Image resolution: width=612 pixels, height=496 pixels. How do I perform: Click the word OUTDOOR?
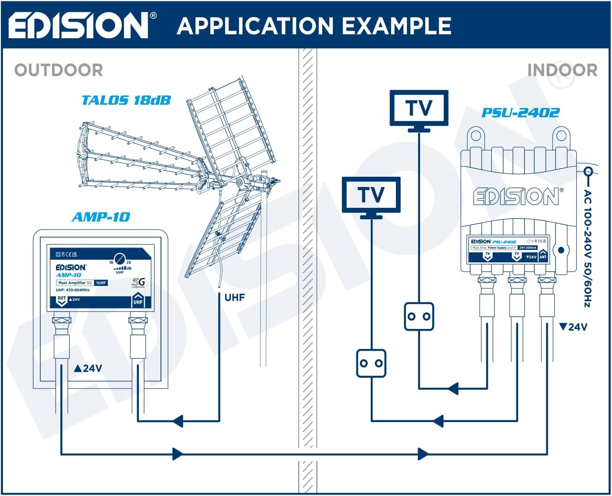pyautogui.click(x=59, y=70)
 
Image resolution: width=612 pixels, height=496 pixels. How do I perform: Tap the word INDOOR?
pyautogui.click(x=562, y=70)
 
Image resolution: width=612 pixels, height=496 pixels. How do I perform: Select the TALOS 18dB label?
pyautogui.click(x=126, y=100)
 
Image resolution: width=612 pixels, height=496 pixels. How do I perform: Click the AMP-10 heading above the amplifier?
pyautogui.click(x=101, y=217)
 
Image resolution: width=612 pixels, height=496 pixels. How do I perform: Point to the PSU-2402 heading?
pyautogui.click(x=520, y=113)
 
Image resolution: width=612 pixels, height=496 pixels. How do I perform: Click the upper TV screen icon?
pyautogui.click(x=419, y=108)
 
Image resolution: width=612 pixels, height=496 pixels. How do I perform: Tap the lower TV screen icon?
pyautogui.click(x=371, y=195)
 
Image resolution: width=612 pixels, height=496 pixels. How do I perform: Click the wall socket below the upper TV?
pyautogui.click(x=419, y=316)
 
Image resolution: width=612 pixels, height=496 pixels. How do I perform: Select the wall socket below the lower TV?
pyautogui.click(x=371, y=363)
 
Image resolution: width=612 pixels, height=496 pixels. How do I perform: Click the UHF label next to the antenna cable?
pyautogui.click(x=234, y=298)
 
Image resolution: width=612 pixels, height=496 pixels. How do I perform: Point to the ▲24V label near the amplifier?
pyautogui.click(x=88, y=368)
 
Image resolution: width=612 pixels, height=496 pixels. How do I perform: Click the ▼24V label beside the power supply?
pyautogui.click(x=573, y=327)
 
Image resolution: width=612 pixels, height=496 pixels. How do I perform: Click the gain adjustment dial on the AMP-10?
pyautogui.click(x=120, y=258)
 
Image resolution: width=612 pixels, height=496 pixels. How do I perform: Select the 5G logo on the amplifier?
pyautogui.click(x=138, y=282)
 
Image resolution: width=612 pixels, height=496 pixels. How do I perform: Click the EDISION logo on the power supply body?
pyautogui.click(x=518, y=196)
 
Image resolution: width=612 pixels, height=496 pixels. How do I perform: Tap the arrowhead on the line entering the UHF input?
pyautogui.click(x=178, y=421)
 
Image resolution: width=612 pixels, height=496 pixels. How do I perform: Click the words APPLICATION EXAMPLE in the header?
pyautogui.click(x=314, y=26)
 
